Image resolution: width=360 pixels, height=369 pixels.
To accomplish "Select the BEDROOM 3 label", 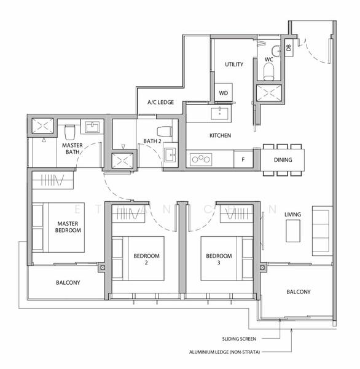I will (x=219, y=259).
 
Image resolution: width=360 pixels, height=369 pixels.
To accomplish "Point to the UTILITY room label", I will (x=234, y=65).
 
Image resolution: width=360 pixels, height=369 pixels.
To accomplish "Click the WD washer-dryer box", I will (x=222, y=93).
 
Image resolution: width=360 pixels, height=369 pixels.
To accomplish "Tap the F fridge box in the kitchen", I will (x=243, y=160).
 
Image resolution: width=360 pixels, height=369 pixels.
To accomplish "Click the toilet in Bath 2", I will (x=164, y=131).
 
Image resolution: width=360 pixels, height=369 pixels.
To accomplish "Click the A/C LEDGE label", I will (x=160, y=103).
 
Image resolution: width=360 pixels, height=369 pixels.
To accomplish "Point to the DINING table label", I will (x=283, y=161).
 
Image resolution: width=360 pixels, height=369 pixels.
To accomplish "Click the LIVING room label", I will (x=292, y=215).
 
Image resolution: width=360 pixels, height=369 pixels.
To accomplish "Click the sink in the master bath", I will (x=93, y=127).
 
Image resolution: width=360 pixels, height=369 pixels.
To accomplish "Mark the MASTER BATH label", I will (x=72, y=148).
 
